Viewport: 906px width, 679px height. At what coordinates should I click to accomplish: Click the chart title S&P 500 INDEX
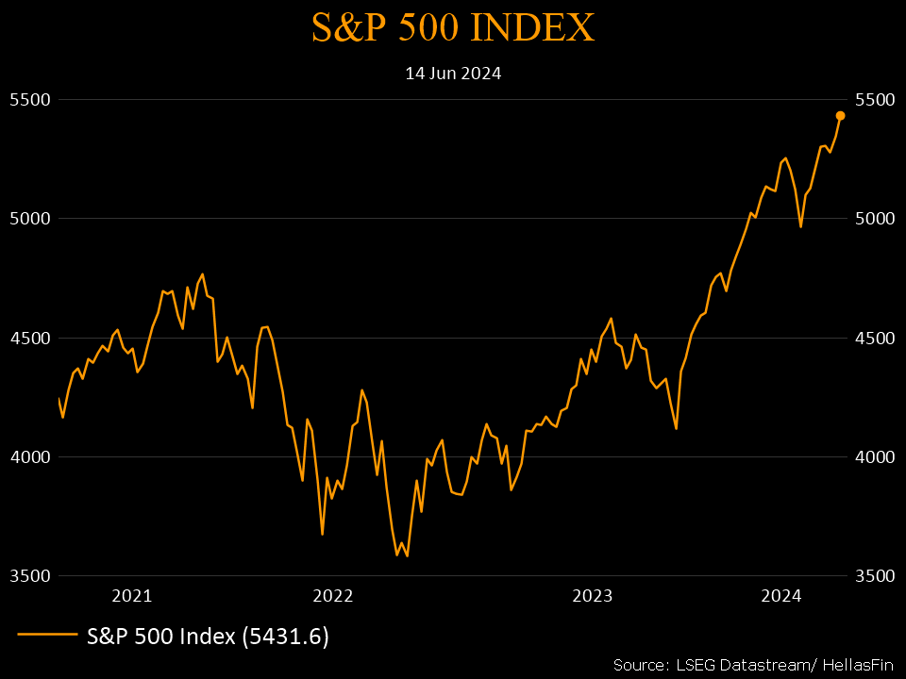coord(453,28)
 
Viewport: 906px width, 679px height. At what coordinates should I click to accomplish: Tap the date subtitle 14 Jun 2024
coord(453,73)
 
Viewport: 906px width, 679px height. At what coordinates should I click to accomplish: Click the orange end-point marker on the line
coord(840,116)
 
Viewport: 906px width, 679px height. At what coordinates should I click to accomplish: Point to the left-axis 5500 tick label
coord(29,99)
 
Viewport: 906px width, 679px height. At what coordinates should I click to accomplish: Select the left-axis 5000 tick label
coord(29,219)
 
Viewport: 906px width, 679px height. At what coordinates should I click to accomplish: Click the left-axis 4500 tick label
coord(29,338)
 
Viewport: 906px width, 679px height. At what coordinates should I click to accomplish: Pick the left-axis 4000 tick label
coord(29,457)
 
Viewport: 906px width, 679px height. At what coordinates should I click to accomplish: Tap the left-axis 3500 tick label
coord(29,576)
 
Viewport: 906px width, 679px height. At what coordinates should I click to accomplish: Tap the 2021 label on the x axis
coord(131,596)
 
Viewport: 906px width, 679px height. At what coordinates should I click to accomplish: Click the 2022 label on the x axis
coord(332,596)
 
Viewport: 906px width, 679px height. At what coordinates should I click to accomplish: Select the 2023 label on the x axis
coord(594,596)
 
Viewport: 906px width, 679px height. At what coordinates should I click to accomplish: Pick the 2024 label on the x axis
coord(781,596)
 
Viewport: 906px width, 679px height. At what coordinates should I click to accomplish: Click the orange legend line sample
coord(46,636)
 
